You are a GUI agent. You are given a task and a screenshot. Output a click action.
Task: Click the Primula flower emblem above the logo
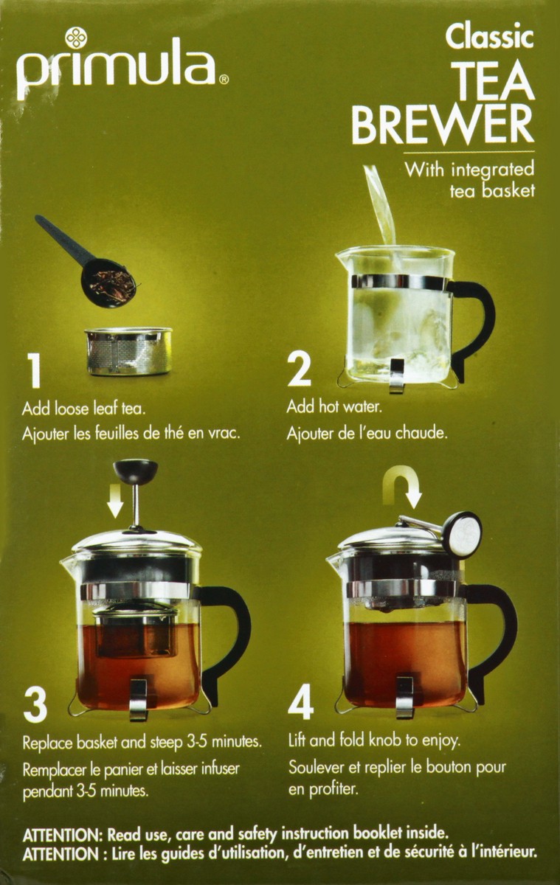[x=75, y=38]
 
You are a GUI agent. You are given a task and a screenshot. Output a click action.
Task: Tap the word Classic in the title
[x=490, y=37]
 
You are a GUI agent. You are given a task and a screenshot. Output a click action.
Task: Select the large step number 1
[x=35, y=370]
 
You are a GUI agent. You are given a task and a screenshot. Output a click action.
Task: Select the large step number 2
[x=299, y=368]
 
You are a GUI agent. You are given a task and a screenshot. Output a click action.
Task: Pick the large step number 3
[x=35, y=705]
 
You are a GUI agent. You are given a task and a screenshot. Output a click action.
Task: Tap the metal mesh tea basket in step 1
[x=128, y=351]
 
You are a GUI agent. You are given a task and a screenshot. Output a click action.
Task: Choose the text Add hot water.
[x=334, y=406]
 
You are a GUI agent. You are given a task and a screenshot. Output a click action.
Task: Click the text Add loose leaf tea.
[x=84, y=408]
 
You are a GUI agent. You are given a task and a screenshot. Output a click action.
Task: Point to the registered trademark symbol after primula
[x=224, y=80]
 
